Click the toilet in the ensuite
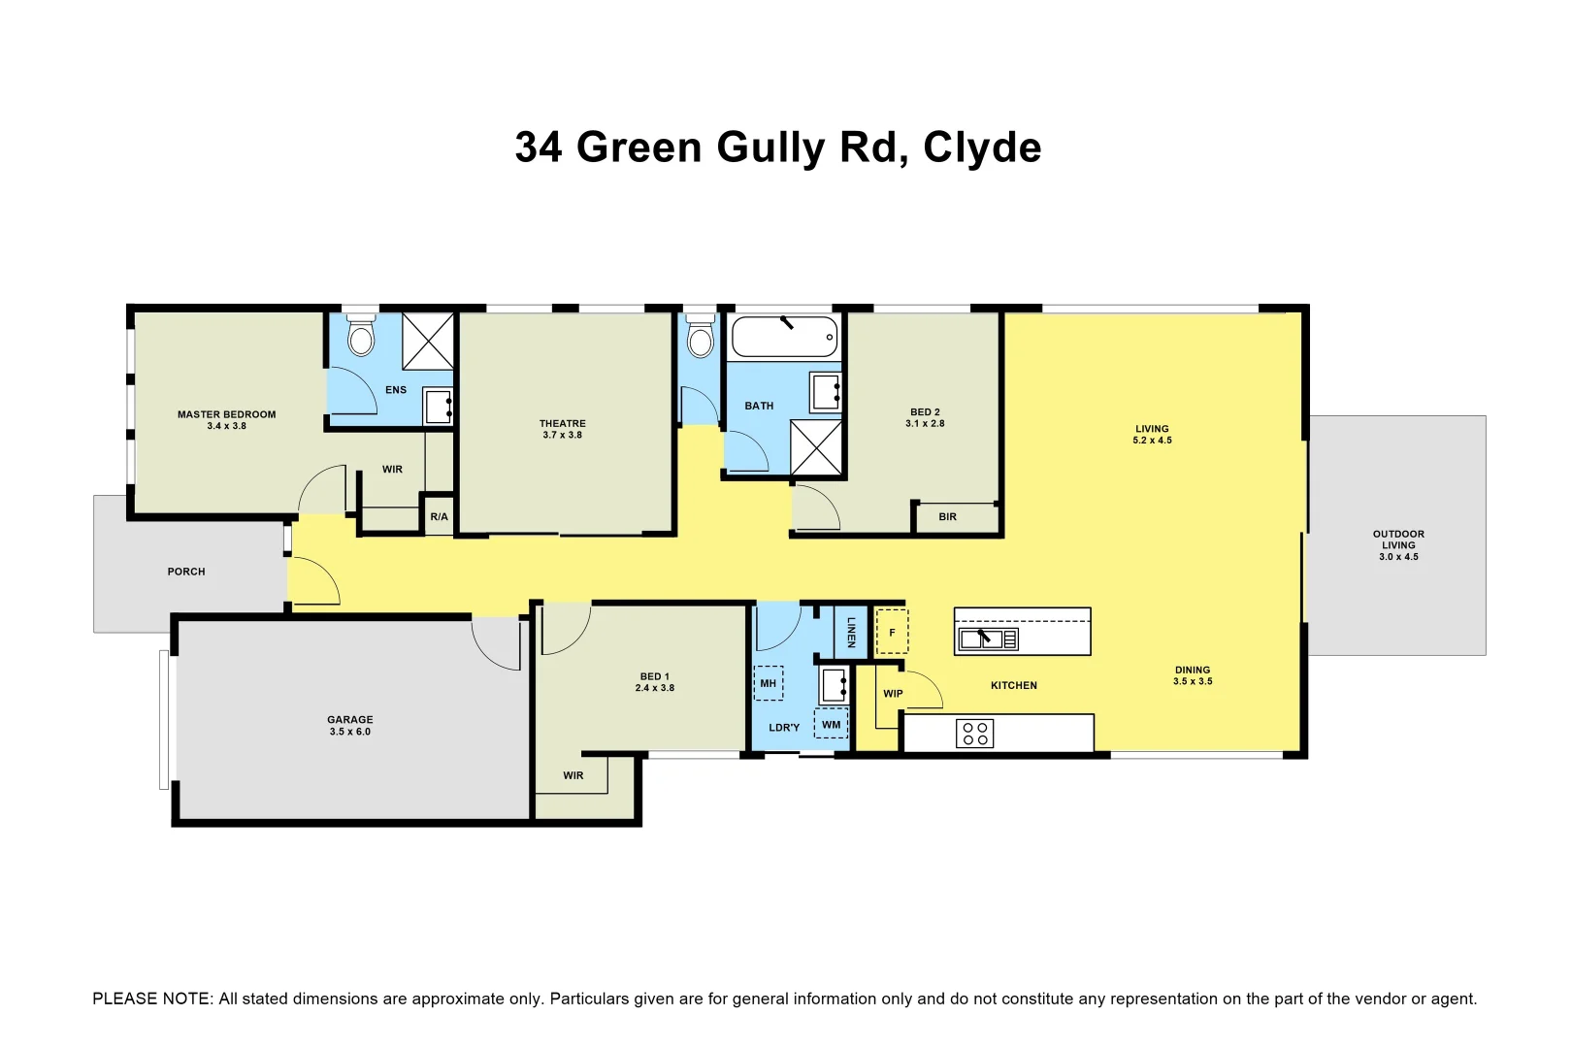click(361, 337)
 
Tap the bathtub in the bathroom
click(784, 337)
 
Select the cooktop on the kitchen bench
click(975, 733)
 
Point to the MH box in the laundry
click(768, 683)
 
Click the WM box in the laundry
click(831, 724)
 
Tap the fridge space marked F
click(892, 632)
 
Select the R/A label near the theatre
click(439, 517)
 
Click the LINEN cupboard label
click(851, 632)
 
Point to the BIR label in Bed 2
click(947, 517)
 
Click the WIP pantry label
click(893, 694)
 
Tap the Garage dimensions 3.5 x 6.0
click(349, 732)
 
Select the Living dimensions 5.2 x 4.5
click(1152, 441)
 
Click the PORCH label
click(186, 572)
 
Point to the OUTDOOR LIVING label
click(1398, 540)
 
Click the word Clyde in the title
click(982, 147)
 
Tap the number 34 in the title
click(539, 147)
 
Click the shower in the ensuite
click(428, 341)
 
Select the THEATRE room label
click(562, 423)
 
